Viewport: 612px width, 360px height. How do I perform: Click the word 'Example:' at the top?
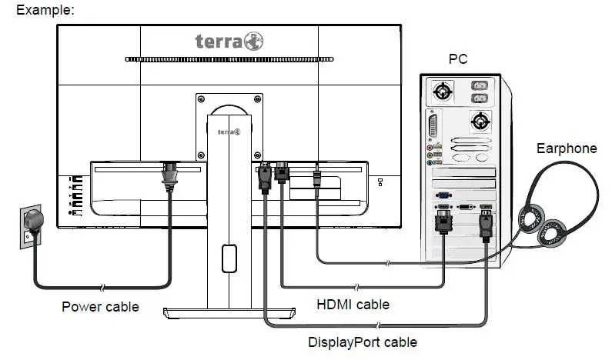point(45,10)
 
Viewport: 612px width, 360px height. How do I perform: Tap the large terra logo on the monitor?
point(229,40)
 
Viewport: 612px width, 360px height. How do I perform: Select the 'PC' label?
point(458,59)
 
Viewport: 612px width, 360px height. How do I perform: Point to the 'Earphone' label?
point(567,148)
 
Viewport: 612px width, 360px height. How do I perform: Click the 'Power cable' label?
point(100,307)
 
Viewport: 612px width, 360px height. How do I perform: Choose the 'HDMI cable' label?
point(353,305)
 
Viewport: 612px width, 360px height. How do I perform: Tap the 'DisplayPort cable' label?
point(362,342)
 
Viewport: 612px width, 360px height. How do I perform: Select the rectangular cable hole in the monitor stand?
point(228,258)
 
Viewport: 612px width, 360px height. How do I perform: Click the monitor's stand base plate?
point(229,312)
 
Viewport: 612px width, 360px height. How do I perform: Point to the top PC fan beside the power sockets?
point(443,91)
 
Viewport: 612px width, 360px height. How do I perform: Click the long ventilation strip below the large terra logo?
point(229,59)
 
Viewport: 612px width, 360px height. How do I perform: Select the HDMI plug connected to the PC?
point(443,224)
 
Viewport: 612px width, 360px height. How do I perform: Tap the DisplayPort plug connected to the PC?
point(487,224)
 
